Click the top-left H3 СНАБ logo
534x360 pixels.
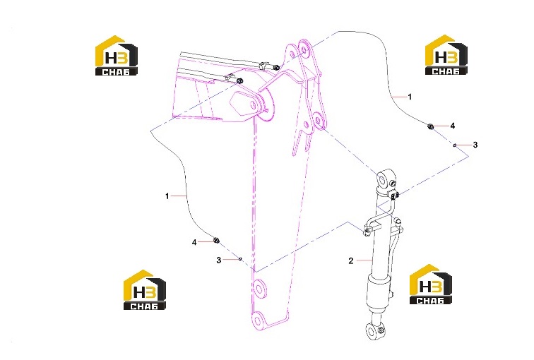pos(116,56)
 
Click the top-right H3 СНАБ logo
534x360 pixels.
pos(446,54)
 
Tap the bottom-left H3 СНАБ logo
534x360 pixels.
pos(144,290)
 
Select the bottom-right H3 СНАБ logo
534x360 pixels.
pos(430,284)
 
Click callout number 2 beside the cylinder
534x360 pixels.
pos(351,261)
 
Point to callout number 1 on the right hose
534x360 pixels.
pos(410,97)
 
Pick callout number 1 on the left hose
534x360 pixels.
pos(167,196)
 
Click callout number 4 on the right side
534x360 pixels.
pos(452,126)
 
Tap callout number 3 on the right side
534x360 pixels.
pos(475,145)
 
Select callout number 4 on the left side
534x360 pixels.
pos(194,242)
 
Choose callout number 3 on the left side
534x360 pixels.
pos(219,260)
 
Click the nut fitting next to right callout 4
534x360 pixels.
pos(430,126)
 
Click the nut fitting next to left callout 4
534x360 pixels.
pos(216,241)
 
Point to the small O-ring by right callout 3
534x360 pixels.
pos(455,145)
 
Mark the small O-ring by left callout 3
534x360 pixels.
pos(240,259)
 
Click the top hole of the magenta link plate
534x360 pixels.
pos(303,49)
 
